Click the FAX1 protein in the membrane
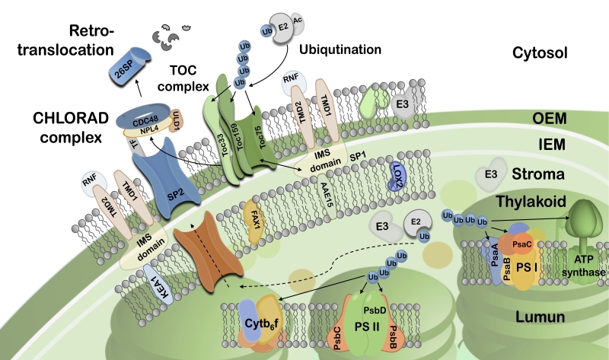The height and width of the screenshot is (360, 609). click(258, 218)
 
